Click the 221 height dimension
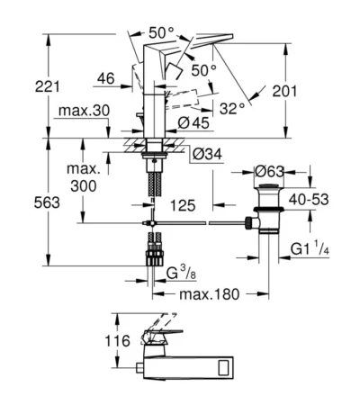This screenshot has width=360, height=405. tap(48, 86)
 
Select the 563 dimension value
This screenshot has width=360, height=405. tap(47, 202)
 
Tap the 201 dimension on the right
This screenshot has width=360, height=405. tap(284, 91)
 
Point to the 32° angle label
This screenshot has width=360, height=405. tap(232, 108)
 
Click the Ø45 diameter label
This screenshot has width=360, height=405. tap(193, 123)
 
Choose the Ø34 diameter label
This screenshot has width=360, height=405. tap(207, 154)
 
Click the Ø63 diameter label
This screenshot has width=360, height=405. tap(269, 172)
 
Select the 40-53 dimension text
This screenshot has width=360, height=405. tap(309, 200)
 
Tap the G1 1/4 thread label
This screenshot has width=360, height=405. tap(310, 248)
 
